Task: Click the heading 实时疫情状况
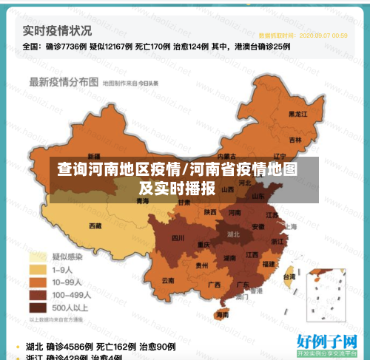coord(57,30)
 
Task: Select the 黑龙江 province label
coord(297,115)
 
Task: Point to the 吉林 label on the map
coord(295,140)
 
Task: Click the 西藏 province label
coord(95,225)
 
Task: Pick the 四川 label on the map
coord(178,238)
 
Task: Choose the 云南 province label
coord(167,280)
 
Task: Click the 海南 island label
coord(222,314)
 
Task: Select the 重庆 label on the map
coord(202,245)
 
